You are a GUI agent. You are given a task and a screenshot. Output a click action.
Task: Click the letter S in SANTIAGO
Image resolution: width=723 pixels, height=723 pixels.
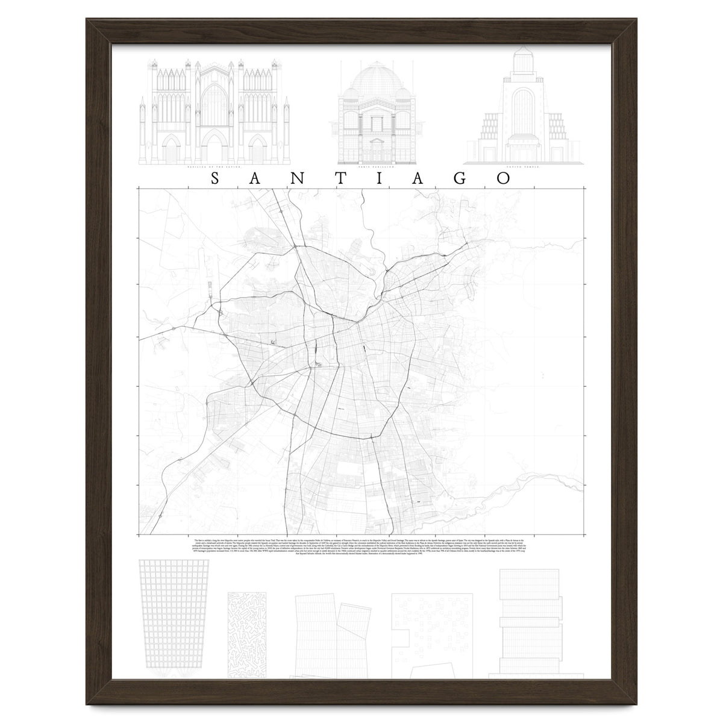(216, 179)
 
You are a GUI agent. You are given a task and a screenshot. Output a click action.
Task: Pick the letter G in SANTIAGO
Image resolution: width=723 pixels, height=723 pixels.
(463, 179)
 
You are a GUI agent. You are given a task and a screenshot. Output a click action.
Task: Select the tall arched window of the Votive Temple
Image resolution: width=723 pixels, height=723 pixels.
(521, 111)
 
